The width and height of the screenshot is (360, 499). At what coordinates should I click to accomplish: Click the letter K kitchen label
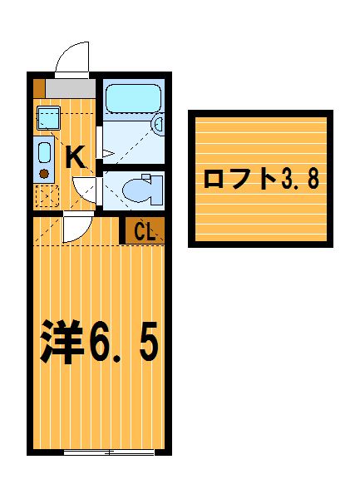click(x=76, y=156)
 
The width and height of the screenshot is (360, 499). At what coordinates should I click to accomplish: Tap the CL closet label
click(x=145, y=231)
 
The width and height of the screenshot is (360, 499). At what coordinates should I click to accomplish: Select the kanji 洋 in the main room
click(x=62, y=342)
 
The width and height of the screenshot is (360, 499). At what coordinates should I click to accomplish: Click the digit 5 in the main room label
click(x=149, y=342)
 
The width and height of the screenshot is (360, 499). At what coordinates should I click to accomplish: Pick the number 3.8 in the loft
click(x=300, y=179)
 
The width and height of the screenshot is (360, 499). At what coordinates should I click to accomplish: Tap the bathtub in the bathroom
click(x=133, y=98)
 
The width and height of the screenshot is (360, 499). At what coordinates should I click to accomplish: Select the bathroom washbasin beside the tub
click(x=158, y=125)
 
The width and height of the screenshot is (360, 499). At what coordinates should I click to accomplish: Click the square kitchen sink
click(x=48, y=118)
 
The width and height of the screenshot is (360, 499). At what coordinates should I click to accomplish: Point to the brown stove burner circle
click(x=44, y=174)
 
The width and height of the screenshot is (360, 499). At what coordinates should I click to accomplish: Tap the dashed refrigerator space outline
click(x=47, y=196)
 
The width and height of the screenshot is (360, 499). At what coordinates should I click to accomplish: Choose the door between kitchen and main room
click(x=77, y=226)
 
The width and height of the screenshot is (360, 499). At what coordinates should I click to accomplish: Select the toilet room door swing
click(x=85, y=189)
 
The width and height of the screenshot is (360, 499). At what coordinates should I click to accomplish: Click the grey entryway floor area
click(x=71, y=88)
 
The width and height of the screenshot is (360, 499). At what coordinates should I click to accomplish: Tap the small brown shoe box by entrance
click(x=39, y=88)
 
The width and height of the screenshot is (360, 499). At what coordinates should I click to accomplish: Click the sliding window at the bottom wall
click(x=109, y=452)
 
